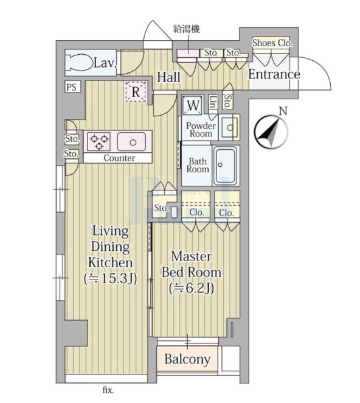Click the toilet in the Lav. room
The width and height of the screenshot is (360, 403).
click(x=80, y=63)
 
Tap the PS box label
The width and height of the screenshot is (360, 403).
click(x=72, y=86)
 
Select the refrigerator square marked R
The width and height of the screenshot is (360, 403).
click(x=136, y=92)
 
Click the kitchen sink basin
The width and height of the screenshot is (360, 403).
click(x=131, y=141)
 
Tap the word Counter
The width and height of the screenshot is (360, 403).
click(x=119, y=158)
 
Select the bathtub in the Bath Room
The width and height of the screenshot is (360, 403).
click(x=226, y=166)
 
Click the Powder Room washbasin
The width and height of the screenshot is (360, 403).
click(x=229, y=127)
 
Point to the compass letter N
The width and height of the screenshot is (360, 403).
click(x=283, y=111)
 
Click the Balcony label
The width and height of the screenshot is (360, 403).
click(x=187, y=359)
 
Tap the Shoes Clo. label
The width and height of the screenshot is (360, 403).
click(x=272, y=43)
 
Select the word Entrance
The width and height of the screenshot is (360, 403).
click(x=274, y=74)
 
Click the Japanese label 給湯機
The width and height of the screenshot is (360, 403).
click(x=187, y=29)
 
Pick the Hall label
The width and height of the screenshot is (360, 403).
click(x=168, y=77)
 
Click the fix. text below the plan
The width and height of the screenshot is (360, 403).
click(x=108, y=391)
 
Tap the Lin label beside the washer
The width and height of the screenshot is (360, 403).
click(x=213, y=102)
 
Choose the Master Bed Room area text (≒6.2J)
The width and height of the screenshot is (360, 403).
click(x=192, y=289)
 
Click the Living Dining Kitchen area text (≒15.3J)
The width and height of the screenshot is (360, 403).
click(x=110, y=279)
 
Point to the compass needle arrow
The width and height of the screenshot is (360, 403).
click(x=270, y=132)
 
